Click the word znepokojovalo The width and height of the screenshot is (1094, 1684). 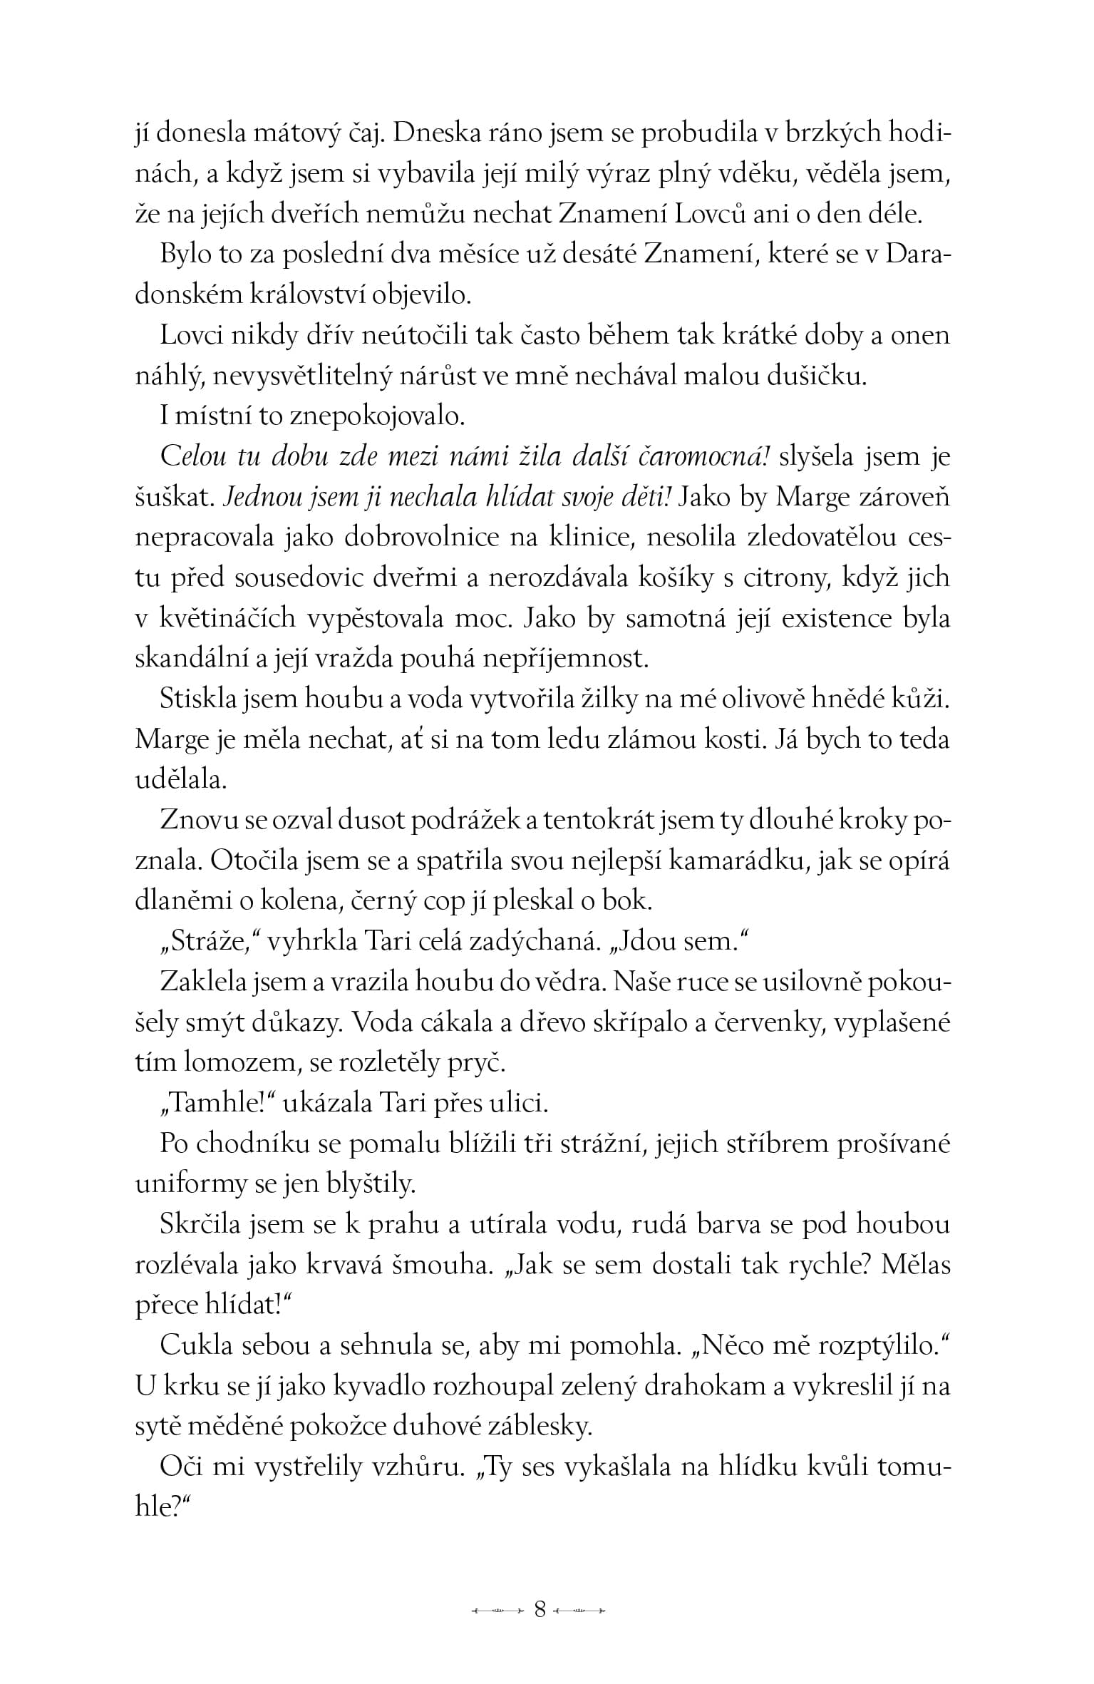click(373, 416)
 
